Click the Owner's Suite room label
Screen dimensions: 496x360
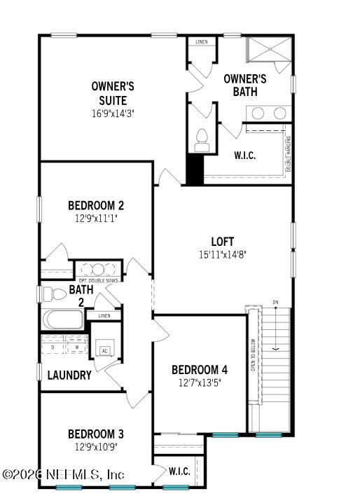pos(113,93)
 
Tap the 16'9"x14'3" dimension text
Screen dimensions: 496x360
pos(113,113)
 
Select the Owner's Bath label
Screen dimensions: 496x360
pos(245,85)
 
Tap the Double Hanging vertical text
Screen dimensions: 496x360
pos(289,153)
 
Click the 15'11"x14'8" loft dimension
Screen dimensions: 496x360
pos(223,255)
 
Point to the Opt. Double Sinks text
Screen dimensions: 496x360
pos(98,281)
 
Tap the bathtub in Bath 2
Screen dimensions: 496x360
pos(63,319)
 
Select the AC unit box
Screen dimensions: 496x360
pos(105,351)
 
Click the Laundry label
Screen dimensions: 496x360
pos(69,376)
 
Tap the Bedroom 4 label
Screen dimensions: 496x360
pos(200,369)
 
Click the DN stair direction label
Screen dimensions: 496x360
pos(276,302)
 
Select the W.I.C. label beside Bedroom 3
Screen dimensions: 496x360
pos(179,471)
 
